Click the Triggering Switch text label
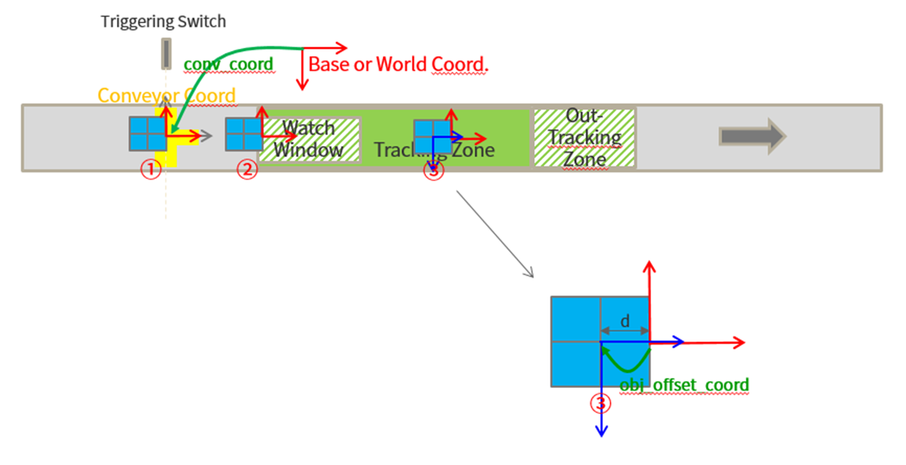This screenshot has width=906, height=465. pyautogui.click(x=163, y=21)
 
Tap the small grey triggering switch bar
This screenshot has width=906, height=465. pyautogui.click(x=165, y=55)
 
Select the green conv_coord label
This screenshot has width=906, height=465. pyautogui.click(x=228, y=64)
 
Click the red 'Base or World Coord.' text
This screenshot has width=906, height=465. pyautogui.click(x=398, y=64)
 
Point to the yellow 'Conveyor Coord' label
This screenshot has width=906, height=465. pyautogui.click(x=166, y=96)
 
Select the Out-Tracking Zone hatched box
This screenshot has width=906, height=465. pyautogui.click(x=583, y=138)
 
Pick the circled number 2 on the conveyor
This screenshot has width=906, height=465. pyautogui.click(x=247, y=170)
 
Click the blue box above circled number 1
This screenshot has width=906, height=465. pyautogui.click(x=147, y=134)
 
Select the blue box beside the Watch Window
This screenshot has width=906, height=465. pyautogui.click(x=243, y=134)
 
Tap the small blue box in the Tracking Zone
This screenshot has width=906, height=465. pyautogui.click(x=432, y=138)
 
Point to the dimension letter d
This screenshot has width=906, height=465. pyautogui.click(x=625, y=321)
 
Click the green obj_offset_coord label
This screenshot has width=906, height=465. pyautogui.click(x=684, y=386)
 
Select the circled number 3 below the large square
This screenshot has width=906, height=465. pyautogui.click(x=600, y=404)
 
